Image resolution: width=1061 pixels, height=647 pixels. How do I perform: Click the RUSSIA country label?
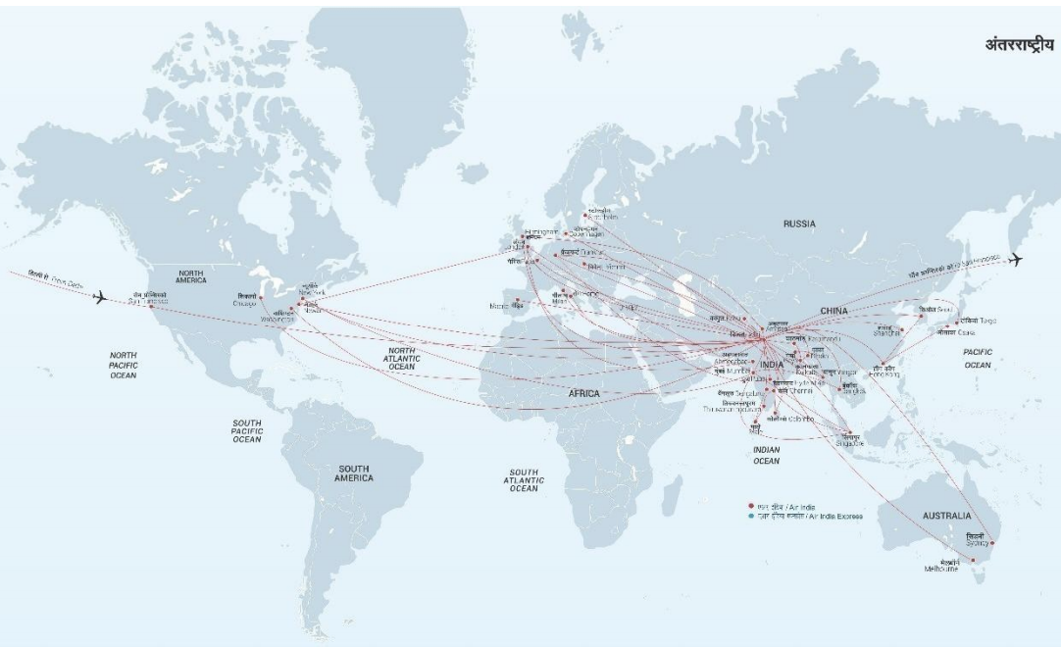(799, 224)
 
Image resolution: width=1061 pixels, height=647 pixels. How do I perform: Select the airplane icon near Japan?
(1015, 260)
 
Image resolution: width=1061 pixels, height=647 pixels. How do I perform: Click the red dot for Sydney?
(992, 542)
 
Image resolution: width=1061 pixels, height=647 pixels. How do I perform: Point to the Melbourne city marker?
(972, 561)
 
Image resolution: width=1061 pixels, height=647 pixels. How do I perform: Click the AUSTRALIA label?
(946, 515)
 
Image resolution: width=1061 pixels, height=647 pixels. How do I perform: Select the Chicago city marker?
(261, 297)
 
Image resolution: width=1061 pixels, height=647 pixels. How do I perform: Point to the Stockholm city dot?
(585, 216)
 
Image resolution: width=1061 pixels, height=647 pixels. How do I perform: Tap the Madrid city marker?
(517, 300)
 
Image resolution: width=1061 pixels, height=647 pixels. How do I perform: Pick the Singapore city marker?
(845, 432)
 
